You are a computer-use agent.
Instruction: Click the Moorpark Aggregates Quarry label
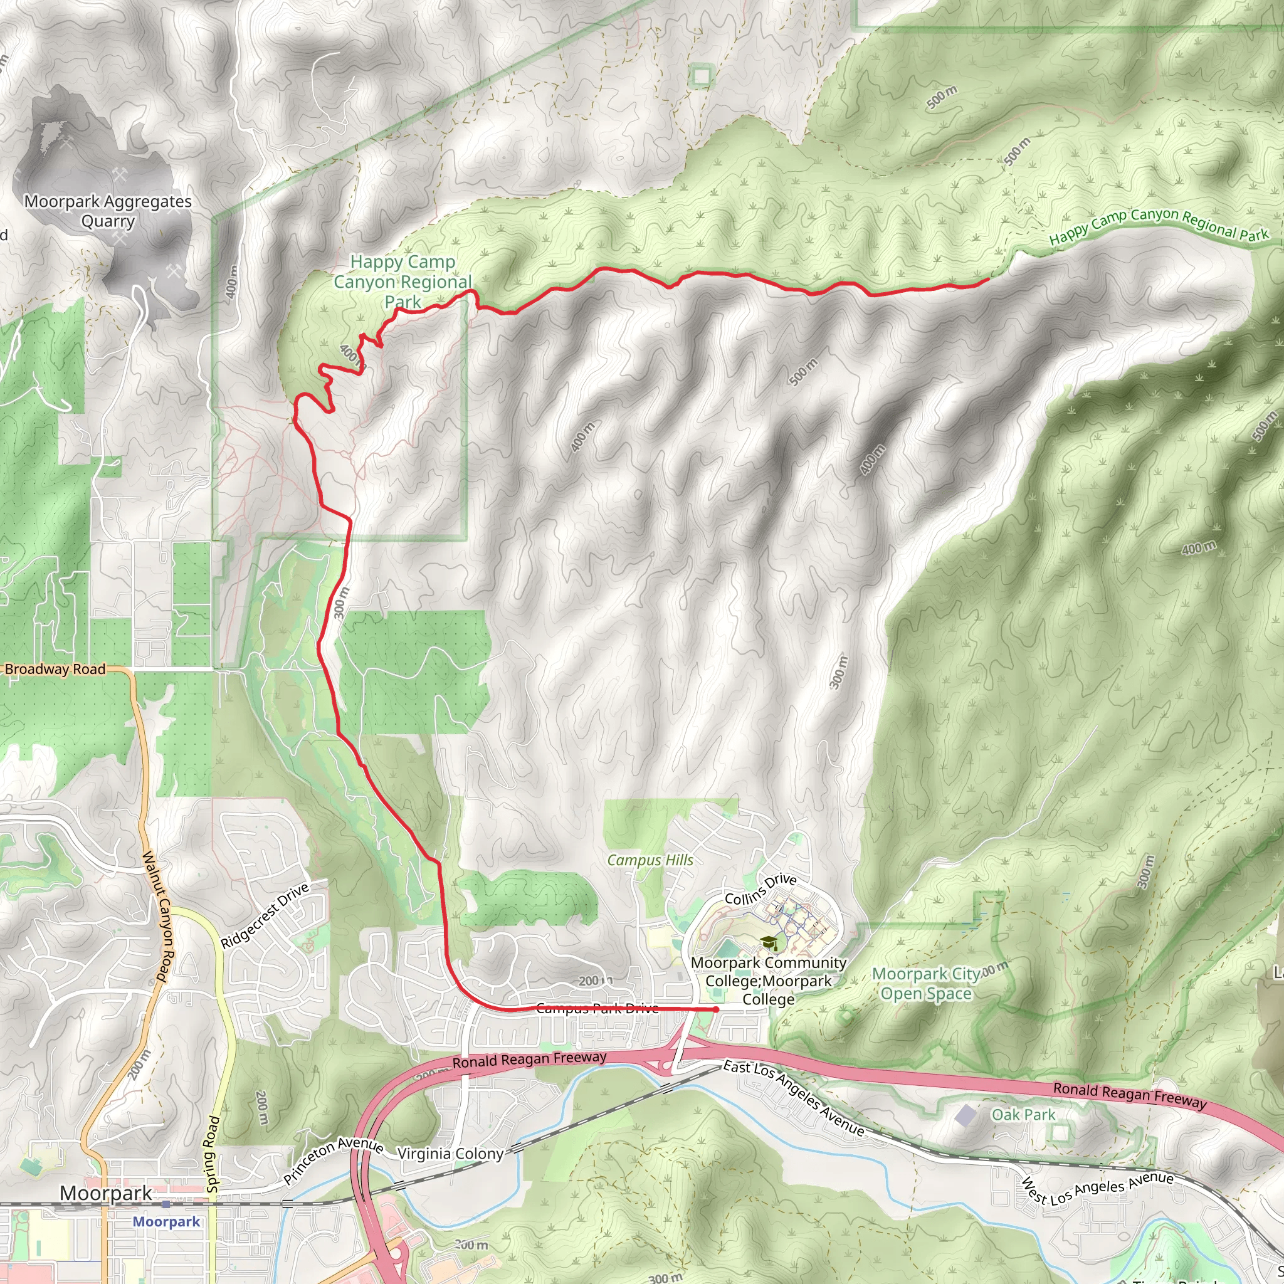(108, 211)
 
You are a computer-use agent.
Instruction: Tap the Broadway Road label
(55, 669)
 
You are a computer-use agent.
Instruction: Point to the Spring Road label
(213, 1154)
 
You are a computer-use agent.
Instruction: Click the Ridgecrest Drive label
(265, 915)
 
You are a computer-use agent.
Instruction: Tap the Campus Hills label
(650, 860)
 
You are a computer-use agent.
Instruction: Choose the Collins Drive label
(760, 889)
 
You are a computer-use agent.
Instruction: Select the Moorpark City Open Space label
(926, 984)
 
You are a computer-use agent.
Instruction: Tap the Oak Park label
(1023, 1115)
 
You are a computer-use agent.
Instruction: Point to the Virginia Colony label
(451, 1154)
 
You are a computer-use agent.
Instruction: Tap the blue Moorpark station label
(166, 1221)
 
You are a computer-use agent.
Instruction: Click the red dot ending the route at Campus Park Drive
(716, 1009)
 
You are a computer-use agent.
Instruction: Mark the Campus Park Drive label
(597, 1008)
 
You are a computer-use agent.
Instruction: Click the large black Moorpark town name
(107, 1193)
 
